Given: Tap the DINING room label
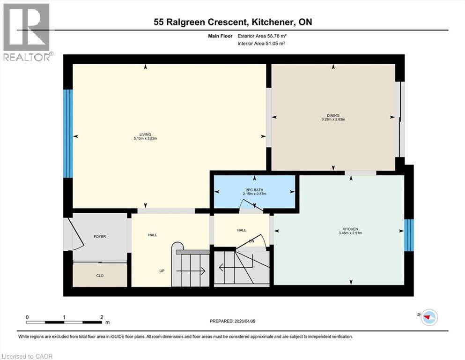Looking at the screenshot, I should [x=333, y=115].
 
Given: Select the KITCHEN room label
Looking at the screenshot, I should [x=351, y=229].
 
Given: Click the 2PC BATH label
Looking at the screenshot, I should [x=254, y=189].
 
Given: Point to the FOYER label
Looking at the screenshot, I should [x=100, y=237].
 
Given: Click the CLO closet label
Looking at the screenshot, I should [x=100, y=276].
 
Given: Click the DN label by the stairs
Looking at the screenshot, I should [x=251, y=241].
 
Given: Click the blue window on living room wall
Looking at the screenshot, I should [x=68, y=134].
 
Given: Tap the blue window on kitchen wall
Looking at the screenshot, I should [x=409, y=234].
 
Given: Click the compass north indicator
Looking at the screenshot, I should [x=428, y=318].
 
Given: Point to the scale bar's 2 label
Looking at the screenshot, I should [x=102, y=317].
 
